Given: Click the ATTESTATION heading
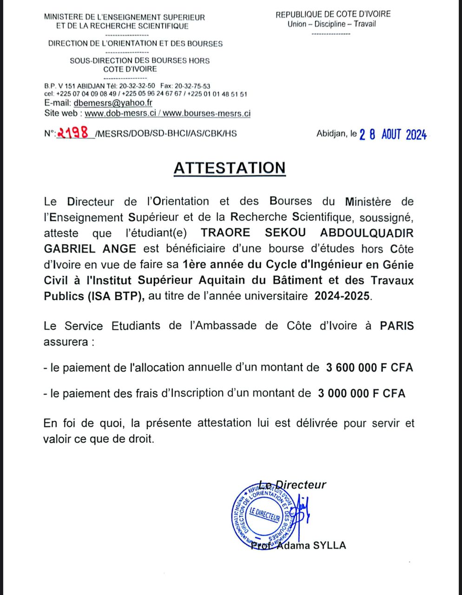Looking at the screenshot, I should tap(230, 168).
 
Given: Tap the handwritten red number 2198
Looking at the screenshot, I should tap(73, 133).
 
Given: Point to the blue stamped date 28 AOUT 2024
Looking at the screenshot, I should tap(393, 134).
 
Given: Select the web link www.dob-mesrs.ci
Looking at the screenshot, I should tap(120, 113).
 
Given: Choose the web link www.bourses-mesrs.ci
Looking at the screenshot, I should tap(207, 113).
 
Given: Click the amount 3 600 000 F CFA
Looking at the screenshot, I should tap(370, 367).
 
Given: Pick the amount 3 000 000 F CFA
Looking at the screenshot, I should tap(362, 393).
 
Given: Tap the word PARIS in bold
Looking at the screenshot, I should tap(396, 325).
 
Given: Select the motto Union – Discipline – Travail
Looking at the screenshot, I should tap(331, 24).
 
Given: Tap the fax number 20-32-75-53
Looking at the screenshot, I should tap(192, 86).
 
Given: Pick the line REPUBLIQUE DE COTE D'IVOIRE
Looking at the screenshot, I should tap(333, 14).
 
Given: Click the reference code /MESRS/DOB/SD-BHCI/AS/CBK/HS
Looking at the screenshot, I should tap(165, 134).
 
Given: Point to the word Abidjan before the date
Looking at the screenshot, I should tap(331, 134).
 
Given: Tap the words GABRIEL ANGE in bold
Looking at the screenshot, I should tap(90, 248).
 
